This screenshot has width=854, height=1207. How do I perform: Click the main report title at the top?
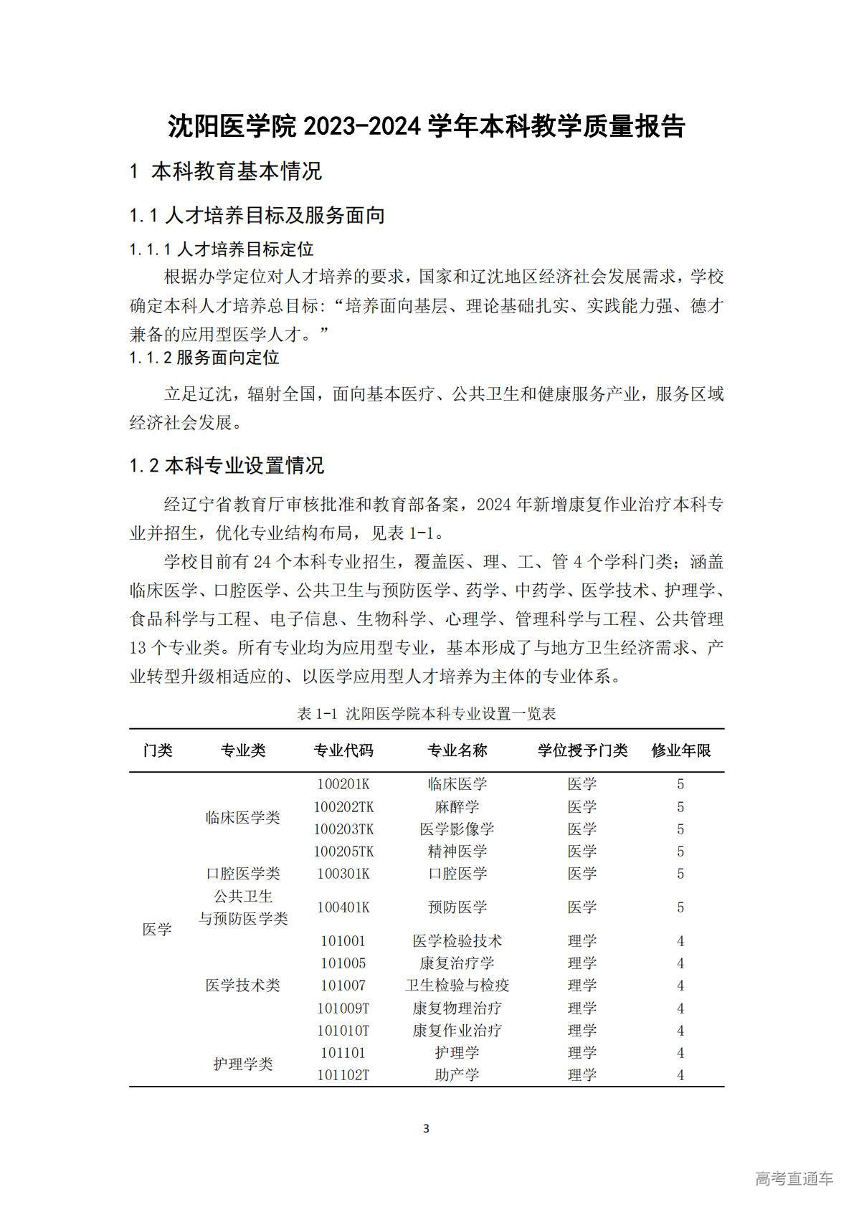(x=427, y=126)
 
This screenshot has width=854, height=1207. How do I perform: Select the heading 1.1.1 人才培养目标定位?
(x=222, y=249)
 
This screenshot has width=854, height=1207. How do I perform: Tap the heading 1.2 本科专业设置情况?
(x=227, y=466)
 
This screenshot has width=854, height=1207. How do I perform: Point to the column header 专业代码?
(x=343, y=750)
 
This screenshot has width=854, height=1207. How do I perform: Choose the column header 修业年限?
(x=680, y=750)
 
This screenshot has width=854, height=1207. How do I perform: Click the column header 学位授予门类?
(x=582, y=750)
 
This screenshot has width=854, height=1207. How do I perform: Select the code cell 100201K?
(x=343, y=784)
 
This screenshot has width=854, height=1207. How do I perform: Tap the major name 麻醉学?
(x=457, y=806)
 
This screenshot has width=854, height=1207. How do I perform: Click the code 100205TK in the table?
(x=343, y=851)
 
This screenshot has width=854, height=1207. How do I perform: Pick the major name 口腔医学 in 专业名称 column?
(x=457, y=874)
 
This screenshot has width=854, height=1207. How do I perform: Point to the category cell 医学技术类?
(x=242, y=986)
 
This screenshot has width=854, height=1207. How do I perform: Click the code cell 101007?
(x=343, y=986)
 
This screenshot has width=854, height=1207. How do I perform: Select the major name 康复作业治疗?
(x=457, y=1031)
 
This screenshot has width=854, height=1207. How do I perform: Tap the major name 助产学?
(x=457, y=1075)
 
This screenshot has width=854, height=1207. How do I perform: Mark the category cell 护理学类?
(x=242, y=1064)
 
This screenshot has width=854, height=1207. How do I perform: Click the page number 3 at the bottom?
(x=427, y=1129)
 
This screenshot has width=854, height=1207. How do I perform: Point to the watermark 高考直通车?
(x=794, y=1179)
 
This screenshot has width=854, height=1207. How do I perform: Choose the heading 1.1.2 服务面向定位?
(x=204, y=358)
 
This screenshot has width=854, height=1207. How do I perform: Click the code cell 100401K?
(x=343, y=907)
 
